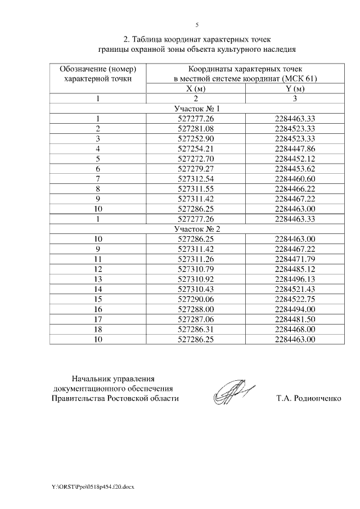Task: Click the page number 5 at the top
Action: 197,25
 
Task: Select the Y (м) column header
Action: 295,89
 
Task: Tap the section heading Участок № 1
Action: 196,109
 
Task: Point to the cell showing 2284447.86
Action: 295,148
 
